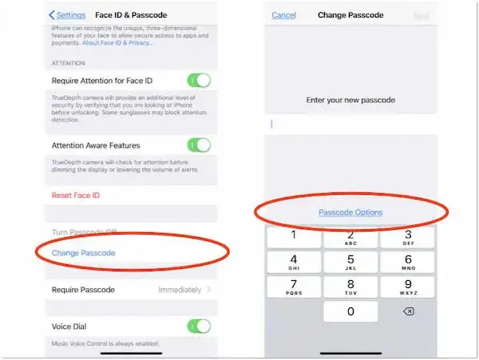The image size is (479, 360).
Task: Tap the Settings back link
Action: pos(67,15)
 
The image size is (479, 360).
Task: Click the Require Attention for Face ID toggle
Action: pos(199,80)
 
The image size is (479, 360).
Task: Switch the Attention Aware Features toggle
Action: pos(199,145)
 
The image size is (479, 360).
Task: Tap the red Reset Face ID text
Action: pos(76,195)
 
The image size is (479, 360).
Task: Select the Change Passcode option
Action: pos(84,253)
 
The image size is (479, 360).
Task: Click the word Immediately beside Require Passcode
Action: pos(179,289)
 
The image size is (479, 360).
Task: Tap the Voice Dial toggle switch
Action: pos(199,326)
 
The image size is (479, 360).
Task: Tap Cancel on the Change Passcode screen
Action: pos(283,15)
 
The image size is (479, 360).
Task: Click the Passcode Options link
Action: pos(350,212)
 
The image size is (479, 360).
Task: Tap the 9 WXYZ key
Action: pos(408,287)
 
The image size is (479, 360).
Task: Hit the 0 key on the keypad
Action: pos(350,312)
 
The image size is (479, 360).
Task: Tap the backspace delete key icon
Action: pos(408,311)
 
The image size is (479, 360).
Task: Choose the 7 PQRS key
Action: pos(294,287)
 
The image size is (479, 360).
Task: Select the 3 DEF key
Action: pos(408,237)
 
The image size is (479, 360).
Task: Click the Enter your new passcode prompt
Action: pos(350,100)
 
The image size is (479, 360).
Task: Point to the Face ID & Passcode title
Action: pos(132,15)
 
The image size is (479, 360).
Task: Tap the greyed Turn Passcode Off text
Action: pos(85,231)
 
